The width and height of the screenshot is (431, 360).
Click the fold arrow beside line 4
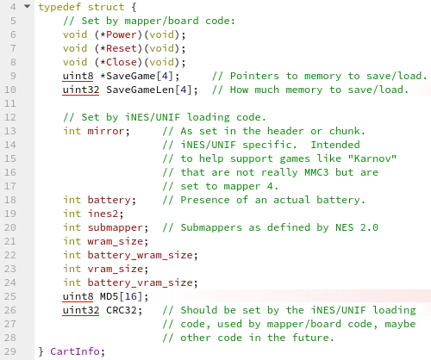(27, 6)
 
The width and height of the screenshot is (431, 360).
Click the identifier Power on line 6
(122, 34)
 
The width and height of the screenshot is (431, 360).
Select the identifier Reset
(122, 48)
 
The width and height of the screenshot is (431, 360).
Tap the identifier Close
(122, 62)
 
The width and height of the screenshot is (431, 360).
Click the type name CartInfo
(75, 351)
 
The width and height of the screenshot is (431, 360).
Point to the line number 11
(10, 103)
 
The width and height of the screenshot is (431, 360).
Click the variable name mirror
(106, 131)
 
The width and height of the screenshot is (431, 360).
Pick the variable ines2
(103, 214)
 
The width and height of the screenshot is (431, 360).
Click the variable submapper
(115, 227)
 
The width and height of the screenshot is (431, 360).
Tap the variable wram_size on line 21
(115, 241)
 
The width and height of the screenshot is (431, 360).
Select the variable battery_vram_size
(140, 282)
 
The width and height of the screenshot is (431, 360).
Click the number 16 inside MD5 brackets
(130, 296)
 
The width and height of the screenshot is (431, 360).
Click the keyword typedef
(59, 7)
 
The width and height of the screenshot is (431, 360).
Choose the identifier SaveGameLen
(140, 90)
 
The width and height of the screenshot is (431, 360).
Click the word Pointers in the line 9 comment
(254, 76)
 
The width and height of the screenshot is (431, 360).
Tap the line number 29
(10, 351)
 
